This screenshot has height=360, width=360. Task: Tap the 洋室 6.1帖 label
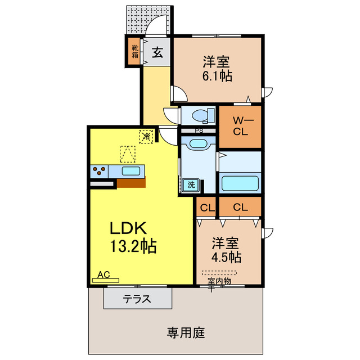coord(217,68)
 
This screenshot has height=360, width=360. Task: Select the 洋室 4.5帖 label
coord(227,250)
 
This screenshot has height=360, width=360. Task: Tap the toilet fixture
coord(200,116)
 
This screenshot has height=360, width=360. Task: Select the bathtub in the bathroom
coord(240,183)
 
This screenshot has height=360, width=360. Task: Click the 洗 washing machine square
coord(191,184)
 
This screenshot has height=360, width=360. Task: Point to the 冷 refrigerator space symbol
coord(146,136)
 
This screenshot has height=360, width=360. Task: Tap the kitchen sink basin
coord(132,170)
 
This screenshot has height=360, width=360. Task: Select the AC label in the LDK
coord(103,275)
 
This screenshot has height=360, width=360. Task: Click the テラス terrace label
coord(137,299)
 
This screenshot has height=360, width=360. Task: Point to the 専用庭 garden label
coord(185,332)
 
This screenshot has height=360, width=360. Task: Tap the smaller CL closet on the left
coord(206,208)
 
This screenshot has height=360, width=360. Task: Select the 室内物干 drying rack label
coord(219,281)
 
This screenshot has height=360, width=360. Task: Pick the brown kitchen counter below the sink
coord(131,182)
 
